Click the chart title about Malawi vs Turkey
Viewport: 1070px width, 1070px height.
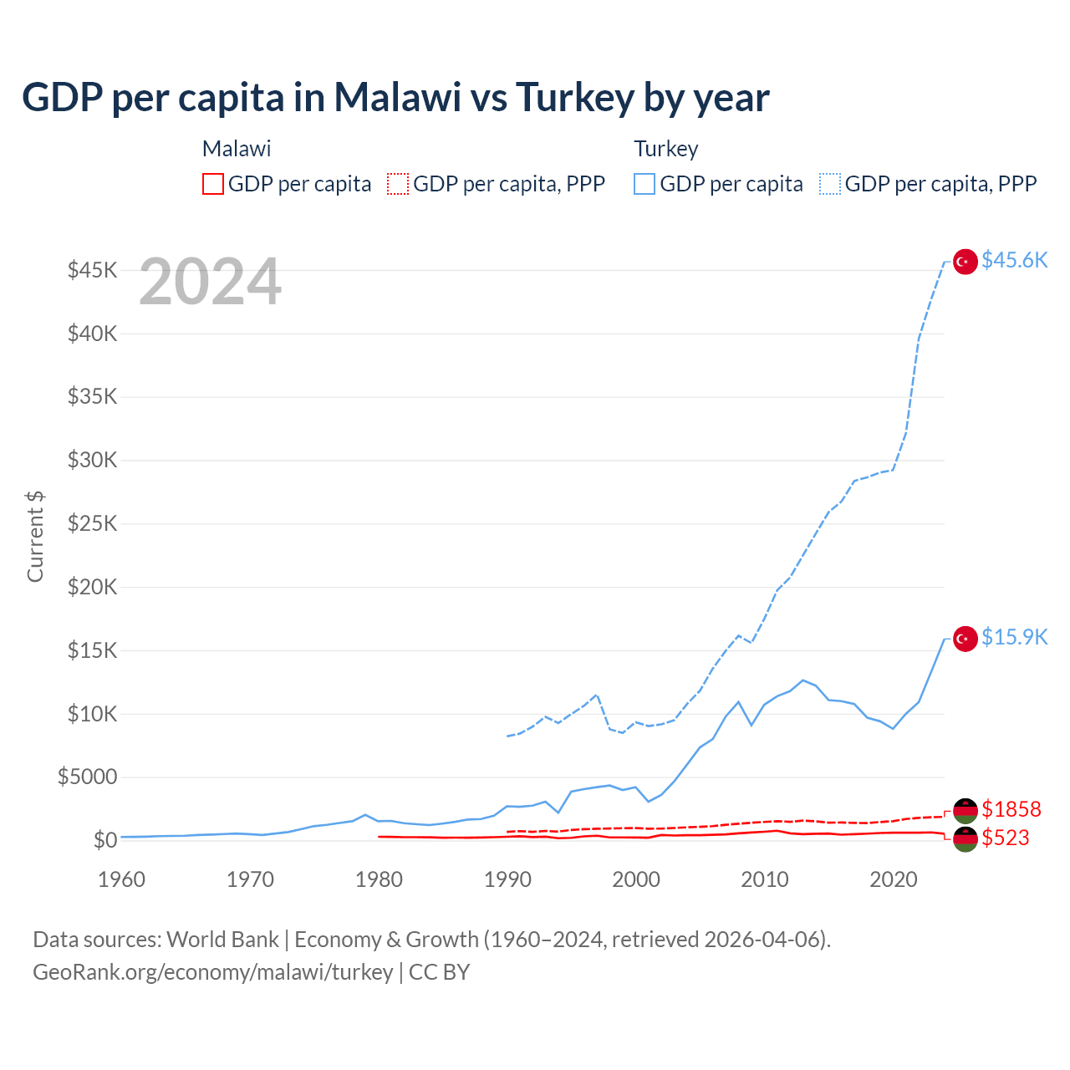pos(395,98)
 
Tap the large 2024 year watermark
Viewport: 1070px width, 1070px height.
pos(210,282)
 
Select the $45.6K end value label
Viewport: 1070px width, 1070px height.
pos(1014,261)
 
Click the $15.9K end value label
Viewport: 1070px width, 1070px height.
pos(1014,638)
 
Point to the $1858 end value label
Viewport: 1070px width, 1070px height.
pos(1011,809)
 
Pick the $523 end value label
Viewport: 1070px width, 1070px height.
pos(1005,838)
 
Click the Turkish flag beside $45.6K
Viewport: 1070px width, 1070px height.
pos(966,262)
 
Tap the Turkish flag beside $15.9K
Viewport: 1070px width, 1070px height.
pos(966,639)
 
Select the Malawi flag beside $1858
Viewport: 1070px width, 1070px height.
pos(966,810)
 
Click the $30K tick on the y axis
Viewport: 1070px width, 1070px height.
pos(93,460)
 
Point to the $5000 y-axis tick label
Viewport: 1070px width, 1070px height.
pos(88,777)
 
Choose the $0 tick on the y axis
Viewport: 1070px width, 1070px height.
pos(105,840)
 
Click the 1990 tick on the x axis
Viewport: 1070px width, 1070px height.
pos(507,879)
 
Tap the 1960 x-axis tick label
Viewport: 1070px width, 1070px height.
pos(122,879)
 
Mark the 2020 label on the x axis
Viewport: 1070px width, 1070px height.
pos(894,879)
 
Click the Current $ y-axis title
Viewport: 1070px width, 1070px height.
pos(35,537)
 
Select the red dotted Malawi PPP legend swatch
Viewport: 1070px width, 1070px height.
pos(398,184)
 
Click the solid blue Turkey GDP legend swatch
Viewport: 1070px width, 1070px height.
pos(645,184)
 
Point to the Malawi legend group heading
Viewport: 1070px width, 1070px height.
pos(237,149)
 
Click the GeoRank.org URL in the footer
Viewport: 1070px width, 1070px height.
pos(212,972)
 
